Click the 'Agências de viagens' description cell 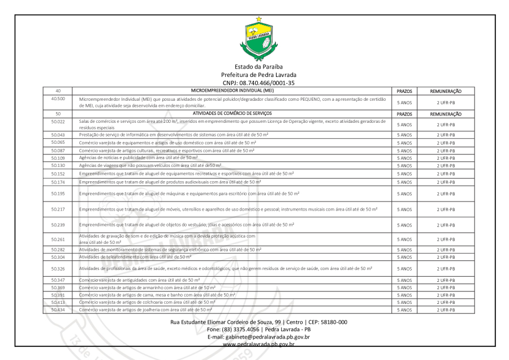tap(142, 165)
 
